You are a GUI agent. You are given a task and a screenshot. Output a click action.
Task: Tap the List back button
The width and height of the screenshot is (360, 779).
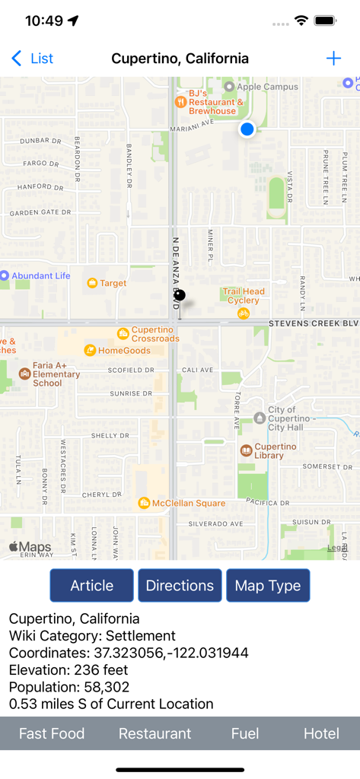[x=33, y=59]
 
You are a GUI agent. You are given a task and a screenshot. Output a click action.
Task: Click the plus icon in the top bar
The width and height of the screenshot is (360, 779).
[x=333, y=59]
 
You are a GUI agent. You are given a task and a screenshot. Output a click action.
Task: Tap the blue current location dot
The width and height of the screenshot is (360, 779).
[x=247, y=129]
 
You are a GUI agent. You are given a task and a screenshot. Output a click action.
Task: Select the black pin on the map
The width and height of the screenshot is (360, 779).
[x=180, y=295]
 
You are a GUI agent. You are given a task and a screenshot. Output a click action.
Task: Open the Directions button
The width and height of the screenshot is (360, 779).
[x=180, y=586]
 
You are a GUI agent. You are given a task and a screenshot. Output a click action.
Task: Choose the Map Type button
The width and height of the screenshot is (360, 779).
[x=268, y=586]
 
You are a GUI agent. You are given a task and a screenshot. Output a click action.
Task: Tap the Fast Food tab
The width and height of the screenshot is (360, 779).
[x=52, y=733]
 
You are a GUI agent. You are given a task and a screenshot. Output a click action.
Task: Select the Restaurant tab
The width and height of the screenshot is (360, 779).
[x=155, y=733]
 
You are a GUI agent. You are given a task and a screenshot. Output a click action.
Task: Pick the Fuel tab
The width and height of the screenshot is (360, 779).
[x=245, y=733]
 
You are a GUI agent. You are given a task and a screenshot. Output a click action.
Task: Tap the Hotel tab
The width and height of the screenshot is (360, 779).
[x=321, y=733]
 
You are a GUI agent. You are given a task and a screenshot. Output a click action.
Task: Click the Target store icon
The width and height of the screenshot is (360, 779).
[x=92, y=283]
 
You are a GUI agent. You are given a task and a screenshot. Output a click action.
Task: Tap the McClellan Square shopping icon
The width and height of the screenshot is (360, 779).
[x=144, y=503]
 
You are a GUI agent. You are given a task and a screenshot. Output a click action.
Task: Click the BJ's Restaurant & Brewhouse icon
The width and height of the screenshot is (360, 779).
[x=180, y=101]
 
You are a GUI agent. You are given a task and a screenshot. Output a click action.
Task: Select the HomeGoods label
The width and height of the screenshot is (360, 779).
[x=125, y=351]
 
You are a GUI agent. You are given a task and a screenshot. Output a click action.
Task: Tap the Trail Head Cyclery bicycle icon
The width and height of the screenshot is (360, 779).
[x=244, y=313]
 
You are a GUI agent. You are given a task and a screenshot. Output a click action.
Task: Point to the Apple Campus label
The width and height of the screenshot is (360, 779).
[x=267, y=87]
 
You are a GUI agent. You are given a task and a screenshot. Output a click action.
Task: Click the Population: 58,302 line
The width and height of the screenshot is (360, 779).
[x=69, y=687]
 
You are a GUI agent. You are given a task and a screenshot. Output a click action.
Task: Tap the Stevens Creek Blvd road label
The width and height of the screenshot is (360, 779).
[x=313, y=323]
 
